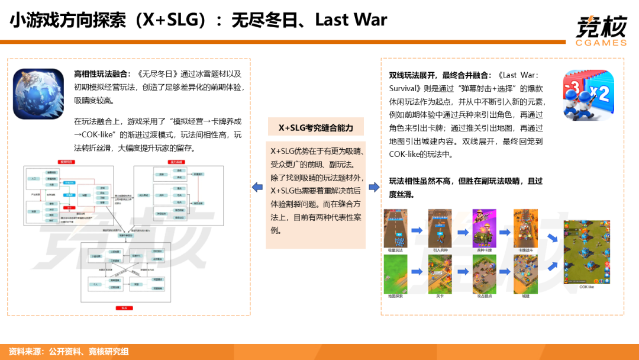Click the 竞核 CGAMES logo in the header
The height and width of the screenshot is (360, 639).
pos(601,30)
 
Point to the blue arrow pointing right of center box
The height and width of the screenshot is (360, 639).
pos(374,188)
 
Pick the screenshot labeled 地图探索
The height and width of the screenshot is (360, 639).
pos(396,274)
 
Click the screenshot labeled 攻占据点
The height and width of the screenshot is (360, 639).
pos(483,274)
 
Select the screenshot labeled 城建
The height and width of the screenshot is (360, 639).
pos(527,274)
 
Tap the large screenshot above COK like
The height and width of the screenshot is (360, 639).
pos(586,252)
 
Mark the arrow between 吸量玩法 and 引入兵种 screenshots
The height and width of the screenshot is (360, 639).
pos(418,230)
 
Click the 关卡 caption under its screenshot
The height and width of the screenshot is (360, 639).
pos(440,296)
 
